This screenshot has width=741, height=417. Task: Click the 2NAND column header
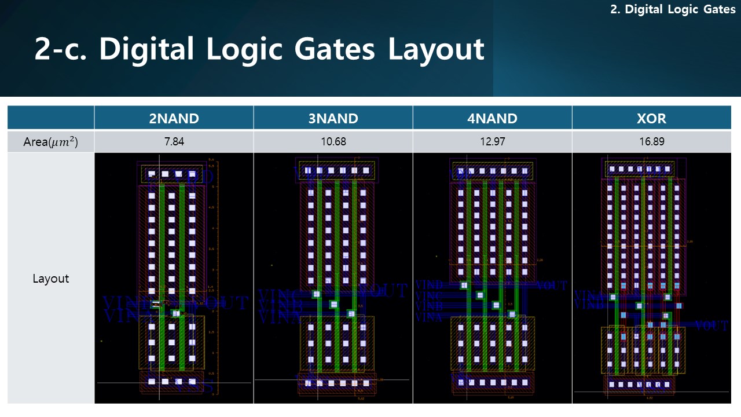click(x=174, y=119)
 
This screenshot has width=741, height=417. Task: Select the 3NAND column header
click(x=333, y=119)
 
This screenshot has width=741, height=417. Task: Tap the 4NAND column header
click(x=492, y=119)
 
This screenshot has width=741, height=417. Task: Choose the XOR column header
click(x=651, y=119)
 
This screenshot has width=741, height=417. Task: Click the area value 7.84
click(x=174, y=142)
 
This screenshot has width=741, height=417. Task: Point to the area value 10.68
click(x=333, y=142)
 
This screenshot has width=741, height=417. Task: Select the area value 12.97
click(x=492, y=142)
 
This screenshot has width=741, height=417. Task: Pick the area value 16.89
click(x=651, y=142)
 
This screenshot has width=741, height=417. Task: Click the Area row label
click(x=51, y=142)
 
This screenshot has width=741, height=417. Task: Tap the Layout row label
click(x=51, y=279)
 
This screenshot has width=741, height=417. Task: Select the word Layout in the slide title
click(x=435, y=50)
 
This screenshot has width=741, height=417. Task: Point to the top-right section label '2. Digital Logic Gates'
click(x=673, y=10)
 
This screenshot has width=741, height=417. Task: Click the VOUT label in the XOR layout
click(x=711, y=326)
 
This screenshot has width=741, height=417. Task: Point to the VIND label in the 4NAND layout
click(x=430, y=285)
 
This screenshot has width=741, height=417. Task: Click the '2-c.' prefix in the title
click(x=61, y=50)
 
